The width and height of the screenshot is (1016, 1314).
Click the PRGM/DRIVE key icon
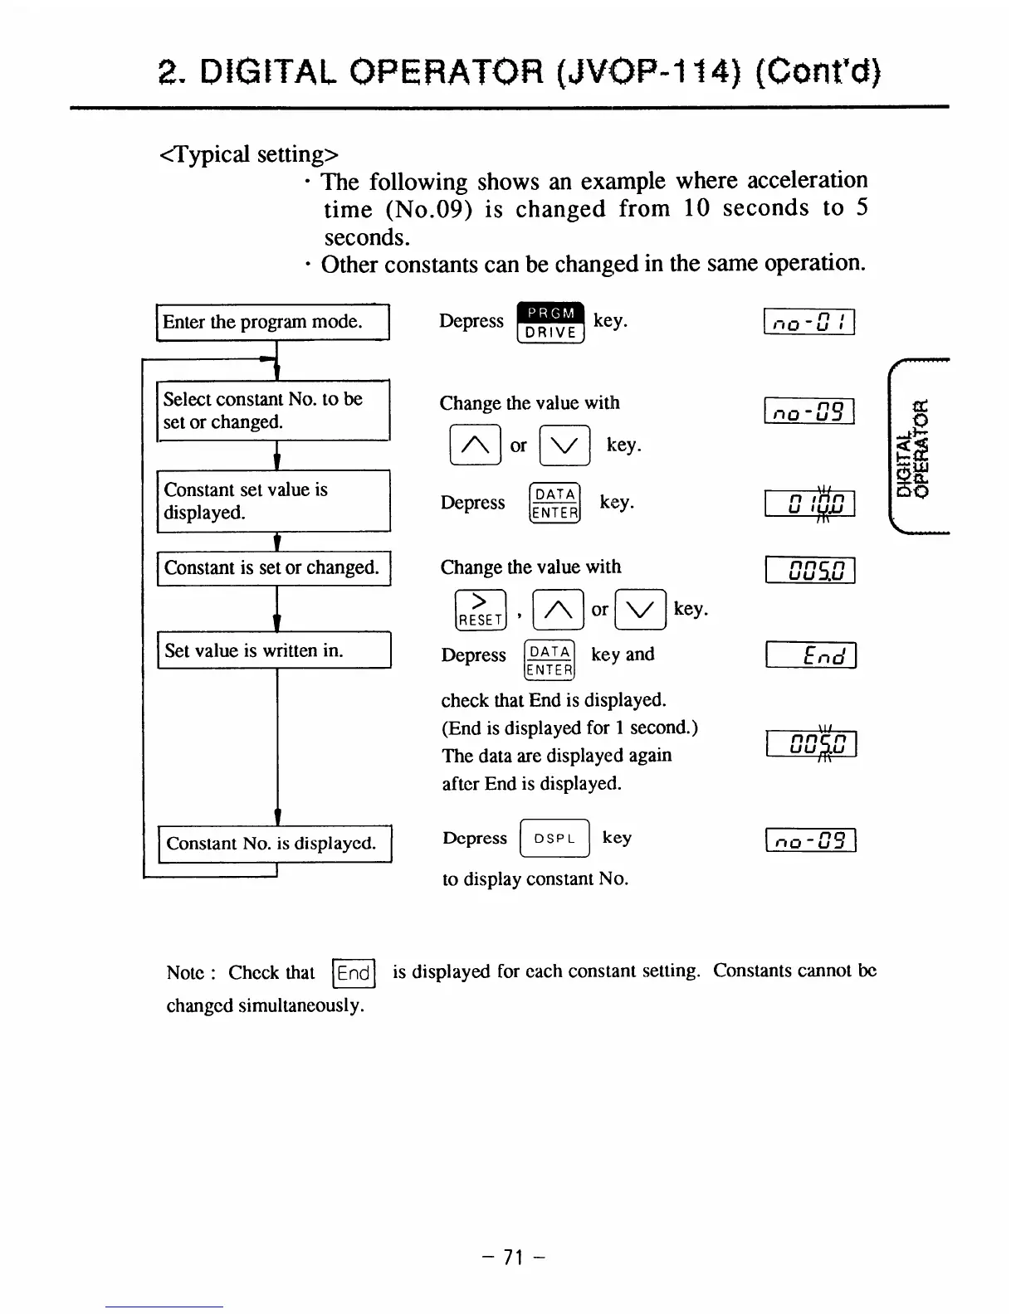tap(551, 323)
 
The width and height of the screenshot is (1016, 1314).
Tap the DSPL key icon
tap(554, 838)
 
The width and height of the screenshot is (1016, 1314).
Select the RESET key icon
tap(481, 610)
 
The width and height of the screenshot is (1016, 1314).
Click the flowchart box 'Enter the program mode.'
tap(273, 322)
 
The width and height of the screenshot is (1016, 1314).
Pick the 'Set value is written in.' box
tap(274, 650)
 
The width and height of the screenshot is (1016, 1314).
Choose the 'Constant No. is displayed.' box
tap(274, 844)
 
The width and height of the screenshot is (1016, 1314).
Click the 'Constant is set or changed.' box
tap(273, 568)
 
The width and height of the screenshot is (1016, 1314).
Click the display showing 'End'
tap(811, 656)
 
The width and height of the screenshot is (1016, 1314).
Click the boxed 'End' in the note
tap(354, 973)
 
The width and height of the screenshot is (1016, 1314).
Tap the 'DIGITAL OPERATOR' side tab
tap(911, 448)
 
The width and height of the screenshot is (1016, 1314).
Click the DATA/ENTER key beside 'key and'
tap(550, 661)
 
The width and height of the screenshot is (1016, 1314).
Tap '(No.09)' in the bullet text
tap(429, 210)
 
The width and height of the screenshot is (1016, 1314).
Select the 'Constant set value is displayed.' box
tap(273, 501)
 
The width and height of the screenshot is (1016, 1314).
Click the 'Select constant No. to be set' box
tap(273, 411)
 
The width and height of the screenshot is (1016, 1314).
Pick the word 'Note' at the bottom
tap(185, 973)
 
